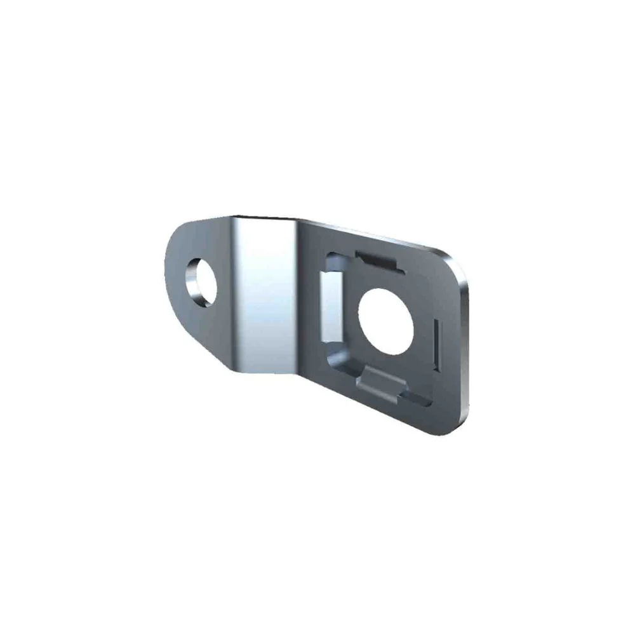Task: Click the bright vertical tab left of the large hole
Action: pyautogui.click(x=331, y=305)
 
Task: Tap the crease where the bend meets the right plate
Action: pyautogui.click(x=298, y=298)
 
